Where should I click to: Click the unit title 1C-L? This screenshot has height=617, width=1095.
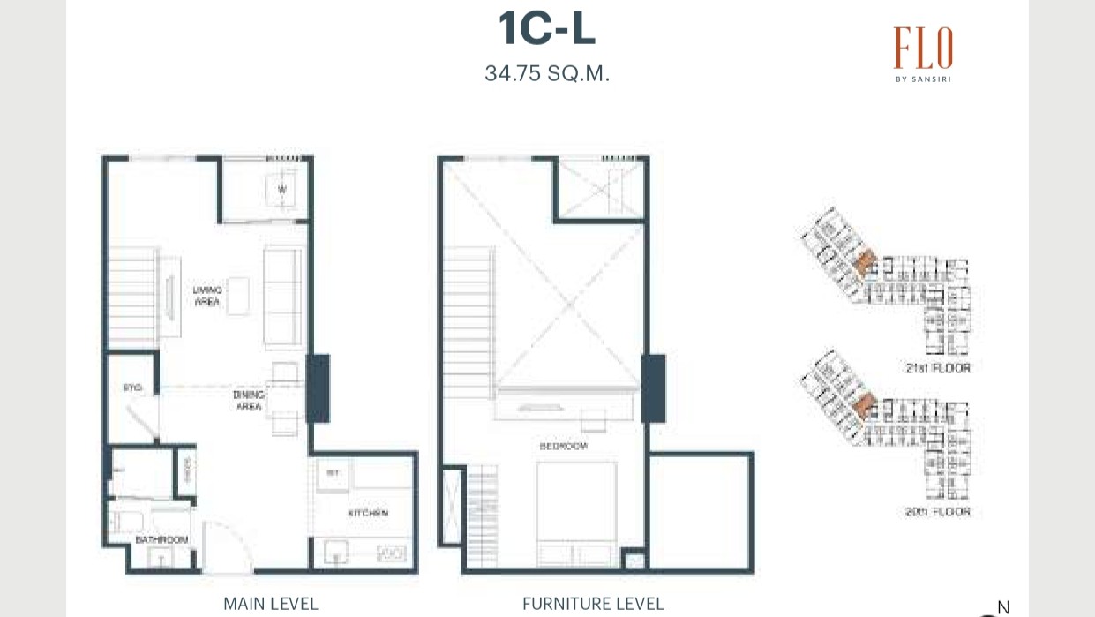(547, 29)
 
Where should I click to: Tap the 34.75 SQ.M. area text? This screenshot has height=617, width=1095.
(547, 73)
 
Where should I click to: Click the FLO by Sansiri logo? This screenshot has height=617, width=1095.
(923, 53)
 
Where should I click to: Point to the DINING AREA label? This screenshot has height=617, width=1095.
(249, 401)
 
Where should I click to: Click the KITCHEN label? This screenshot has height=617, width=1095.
(368, 513)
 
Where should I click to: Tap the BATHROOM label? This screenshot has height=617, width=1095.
(161, 539)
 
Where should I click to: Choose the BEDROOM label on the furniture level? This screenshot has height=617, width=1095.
(564, 447)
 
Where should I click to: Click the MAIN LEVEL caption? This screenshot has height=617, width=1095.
(270, 604)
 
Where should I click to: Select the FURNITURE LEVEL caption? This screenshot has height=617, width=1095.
(593, 604)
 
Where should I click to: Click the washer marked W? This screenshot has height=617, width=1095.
(282, 190)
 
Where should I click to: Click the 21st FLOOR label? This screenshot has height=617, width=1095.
(937, 367)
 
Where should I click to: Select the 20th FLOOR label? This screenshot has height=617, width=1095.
(937, 511)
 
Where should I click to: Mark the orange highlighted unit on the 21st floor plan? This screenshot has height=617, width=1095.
(866, 261)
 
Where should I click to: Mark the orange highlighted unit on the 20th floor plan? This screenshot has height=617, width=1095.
(866, 405)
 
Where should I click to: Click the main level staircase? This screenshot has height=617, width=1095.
(133, 296)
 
